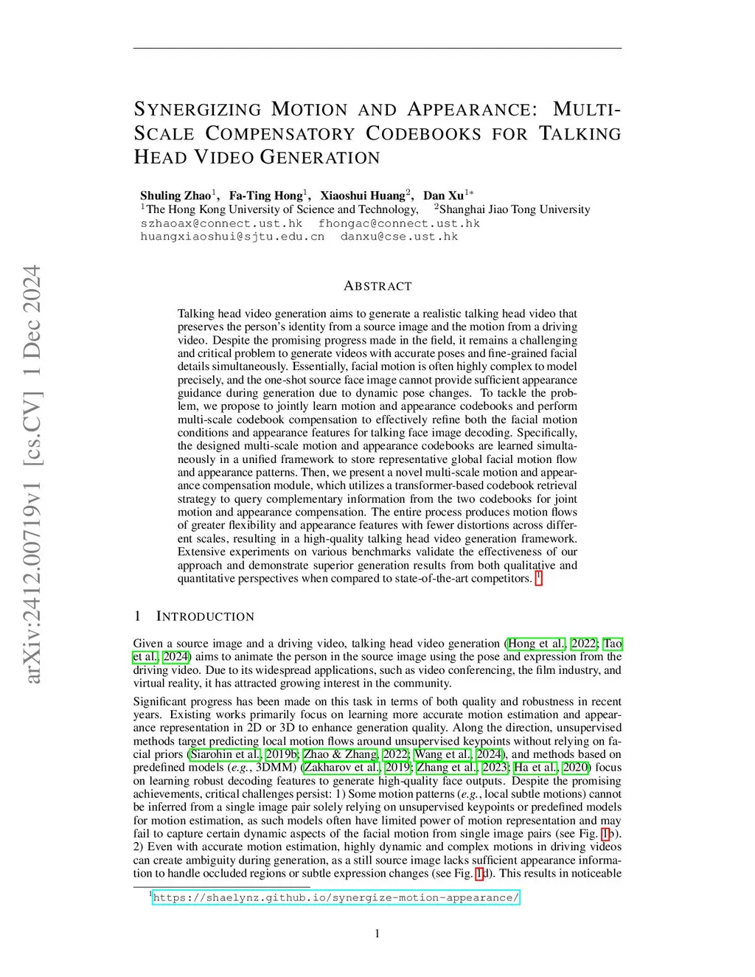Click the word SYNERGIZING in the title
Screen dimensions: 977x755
tap(197, 110)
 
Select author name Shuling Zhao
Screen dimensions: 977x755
tap(175, 195)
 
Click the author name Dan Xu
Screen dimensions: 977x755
tap(443, 195)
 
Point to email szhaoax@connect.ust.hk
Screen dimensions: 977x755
tap(221, 223)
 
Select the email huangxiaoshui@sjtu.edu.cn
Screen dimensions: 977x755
tap(232, 237)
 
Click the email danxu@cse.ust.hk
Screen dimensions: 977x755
tap(399, 237)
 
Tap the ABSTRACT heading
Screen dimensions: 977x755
tap(377, 286)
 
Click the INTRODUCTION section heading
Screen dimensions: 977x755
tap(205, 616)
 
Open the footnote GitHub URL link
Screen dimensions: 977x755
tap(335, 897)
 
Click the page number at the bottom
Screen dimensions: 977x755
tap(377, 933)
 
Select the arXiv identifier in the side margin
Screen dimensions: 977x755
tap(32, 473)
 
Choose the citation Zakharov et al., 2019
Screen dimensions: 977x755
tap(357, 768)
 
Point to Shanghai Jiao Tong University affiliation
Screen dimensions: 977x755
tap(514, 209)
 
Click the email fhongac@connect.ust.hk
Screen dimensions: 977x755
tap(399, 223)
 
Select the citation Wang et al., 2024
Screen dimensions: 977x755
tap(458, 754)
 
